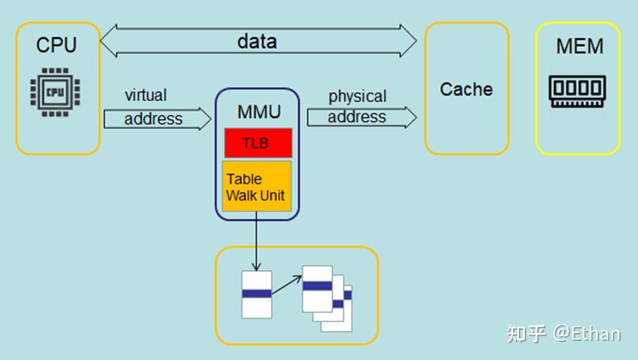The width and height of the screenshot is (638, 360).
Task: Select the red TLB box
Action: [x=257, y=143]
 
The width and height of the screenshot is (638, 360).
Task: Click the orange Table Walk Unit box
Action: [x=257, y=186]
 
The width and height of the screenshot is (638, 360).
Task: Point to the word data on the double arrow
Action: [x=257, y=41]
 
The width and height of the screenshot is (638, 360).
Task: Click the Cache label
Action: [x=466, y=89]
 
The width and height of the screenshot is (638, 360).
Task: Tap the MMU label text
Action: [x=258, y=111]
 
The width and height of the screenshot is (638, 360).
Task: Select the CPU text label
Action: [x=56, y=45]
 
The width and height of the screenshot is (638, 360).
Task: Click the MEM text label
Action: [x=579, y=46]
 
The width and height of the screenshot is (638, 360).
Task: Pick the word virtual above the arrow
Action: [x=145, y=95]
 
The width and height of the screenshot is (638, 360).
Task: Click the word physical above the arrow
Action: [x=357, y=96]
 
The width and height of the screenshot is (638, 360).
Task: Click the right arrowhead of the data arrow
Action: [x=408, y=41]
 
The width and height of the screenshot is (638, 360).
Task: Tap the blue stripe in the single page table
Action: [x=257, y=294]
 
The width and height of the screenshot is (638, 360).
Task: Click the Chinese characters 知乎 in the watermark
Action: [x=526, y=334]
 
